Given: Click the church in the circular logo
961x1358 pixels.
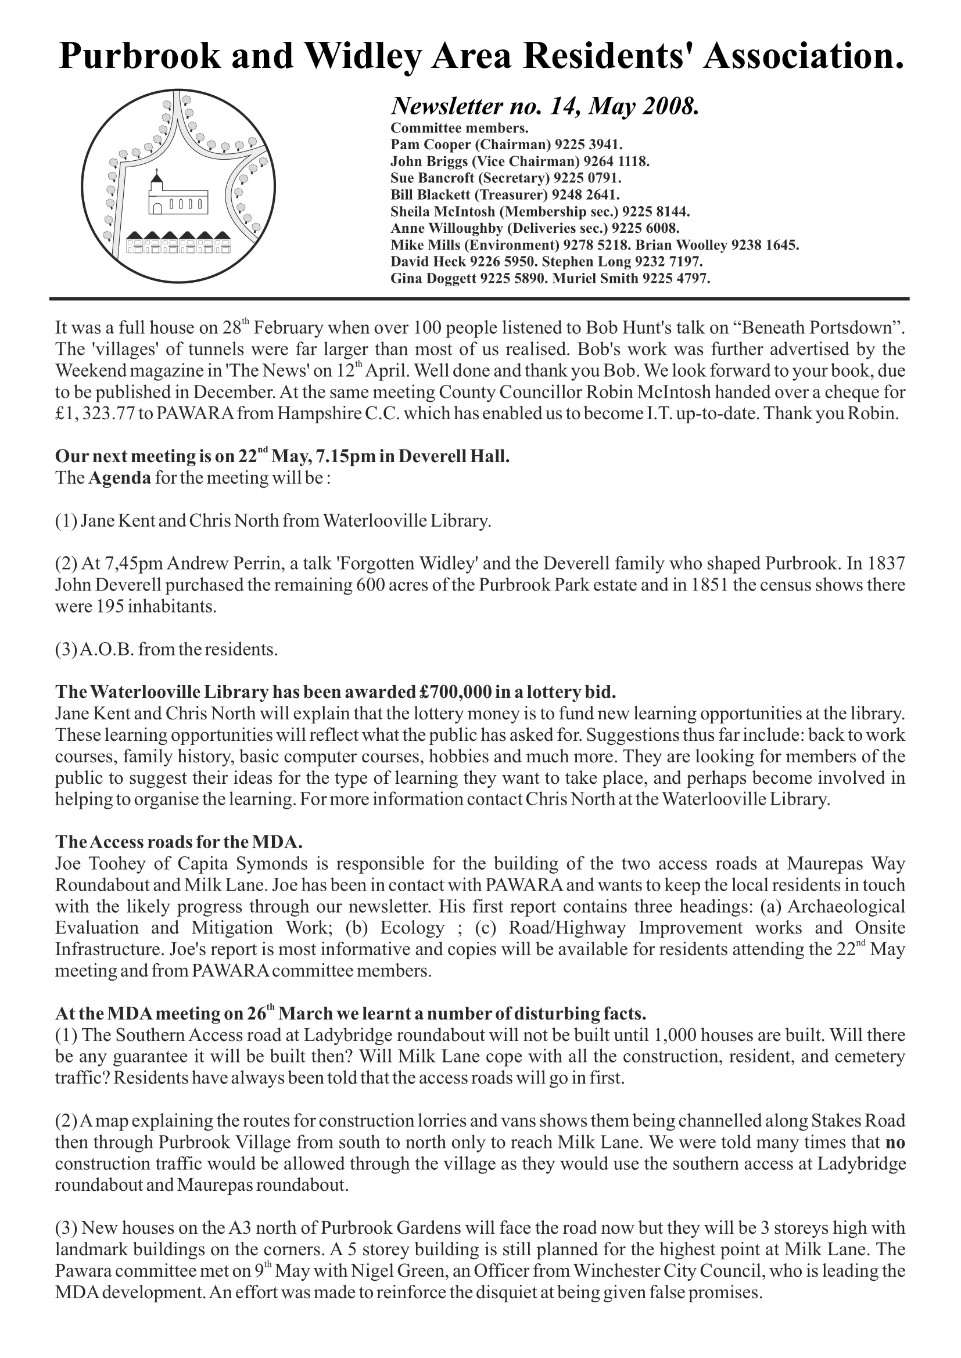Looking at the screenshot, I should (x=177, y=197).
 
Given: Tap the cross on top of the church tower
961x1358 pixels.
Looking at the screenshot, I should (x=156, y=174).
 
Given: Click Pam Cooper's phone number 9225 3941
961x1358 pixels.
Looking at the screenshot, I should (x=587, y=145).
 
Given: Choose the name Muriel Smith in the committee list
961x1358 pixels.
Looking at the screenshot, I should (x=596, y=278).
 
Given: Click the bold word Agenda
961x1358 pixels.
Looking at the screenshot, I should (x=120, y=478).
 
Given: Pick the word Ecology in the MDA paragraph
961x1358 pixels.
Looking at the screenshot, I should (x=412, y=927).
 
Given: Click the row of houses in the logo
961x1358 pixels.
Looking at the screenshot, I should (x=179, y=243).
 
